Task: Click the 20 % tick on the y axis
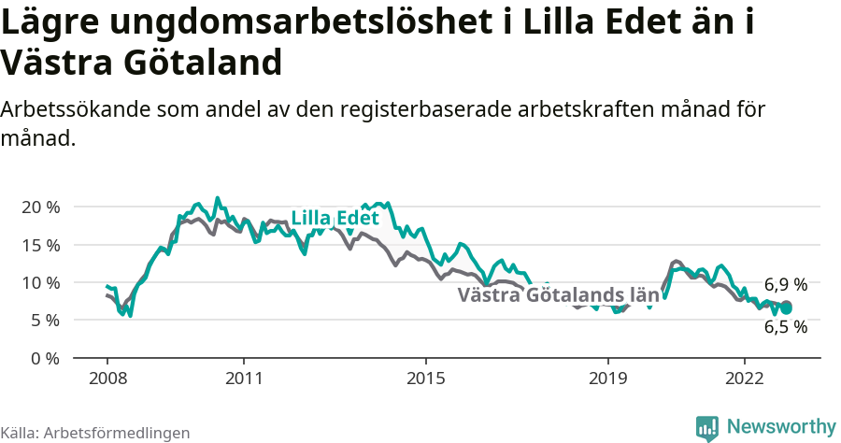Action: [40, 207]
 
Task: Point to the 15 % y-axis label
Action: [40, 245]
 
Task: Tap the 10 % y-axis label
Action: [40, 282]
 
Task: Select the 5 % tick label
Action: [44, 320]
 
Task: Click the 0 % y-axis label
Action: [44, 358]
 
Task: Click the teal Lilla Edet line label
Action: [335, 219]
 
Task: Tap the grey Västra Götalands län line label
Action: [558, 296]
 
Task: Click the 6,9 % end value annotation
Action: [785, 284]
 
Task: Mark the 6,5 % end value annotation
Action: [785, 327]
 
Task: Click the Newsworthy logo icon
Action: [707, 428]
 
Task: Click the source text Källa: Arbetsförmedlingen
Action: [95, 433]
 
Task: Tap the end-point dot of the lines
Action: [786, 307]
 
